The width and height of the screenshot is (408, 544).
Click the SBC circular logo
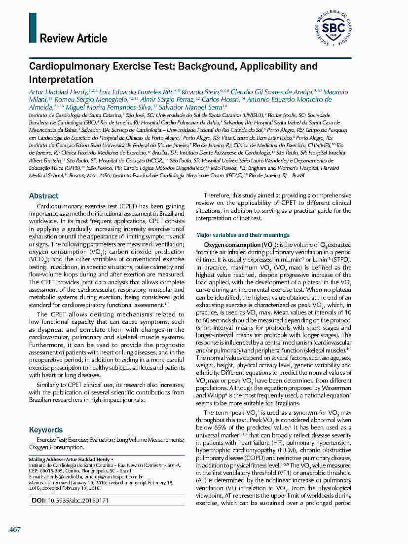[x=333, y=29]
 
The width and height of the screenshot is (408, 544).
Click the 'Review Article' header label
[x=73, y=39]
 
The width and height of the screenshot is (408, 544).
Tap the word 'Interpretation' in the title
[x=61, y=79]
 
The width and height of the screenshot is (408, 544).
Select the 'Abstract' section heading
[x=43, y=195]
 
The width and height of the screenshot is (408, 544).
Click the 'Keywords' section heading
[x=46, y=429]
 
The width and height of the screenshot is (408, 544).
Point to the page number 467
[x=15, y=529]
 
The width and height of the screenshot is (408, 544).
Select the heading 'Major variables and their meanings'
[x=243, y=235]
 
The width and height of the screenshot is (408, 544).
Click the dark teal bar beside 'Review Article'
[x=33, y=28]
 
